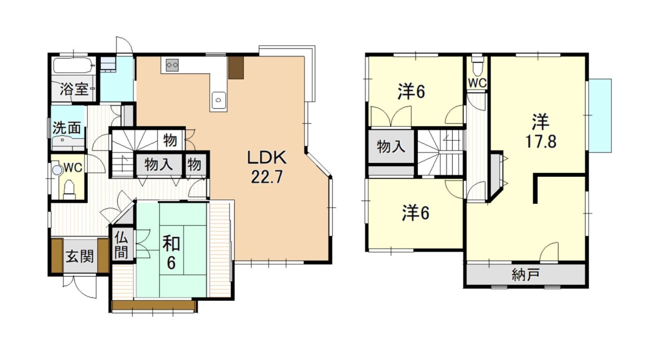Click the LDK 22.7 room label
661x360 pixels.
[266, 167]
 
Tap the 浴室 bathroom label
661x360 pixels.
[74, 90]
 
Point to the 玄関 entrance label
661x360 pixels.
[80, 256]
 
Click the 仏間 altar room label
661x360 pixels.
[121, 245]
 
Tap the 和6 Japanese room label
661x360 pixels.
[171, 253]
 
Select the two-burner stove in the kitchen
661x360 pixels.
[172, 65]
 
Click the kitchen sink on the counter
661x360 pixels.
[219, 100]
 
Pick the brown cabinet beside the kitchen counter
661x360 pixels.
[236, 67]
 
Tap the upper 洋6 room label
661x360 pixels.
[411, 92]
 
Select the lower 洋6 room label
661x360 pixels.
[415, 213]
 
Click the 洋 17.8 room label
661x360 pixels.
[541, 131]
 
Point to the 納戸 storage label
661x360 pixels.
[525, 275]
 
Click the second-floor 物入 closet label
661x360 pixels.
[391, 146]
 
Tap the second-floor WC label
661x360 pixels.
[477, 83]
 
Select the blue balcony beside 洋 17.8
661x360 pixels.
[600, 115]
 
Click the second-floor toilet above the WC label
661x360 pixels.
[477, 65]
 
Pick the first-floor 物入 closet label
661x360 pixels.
[158, 164]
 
